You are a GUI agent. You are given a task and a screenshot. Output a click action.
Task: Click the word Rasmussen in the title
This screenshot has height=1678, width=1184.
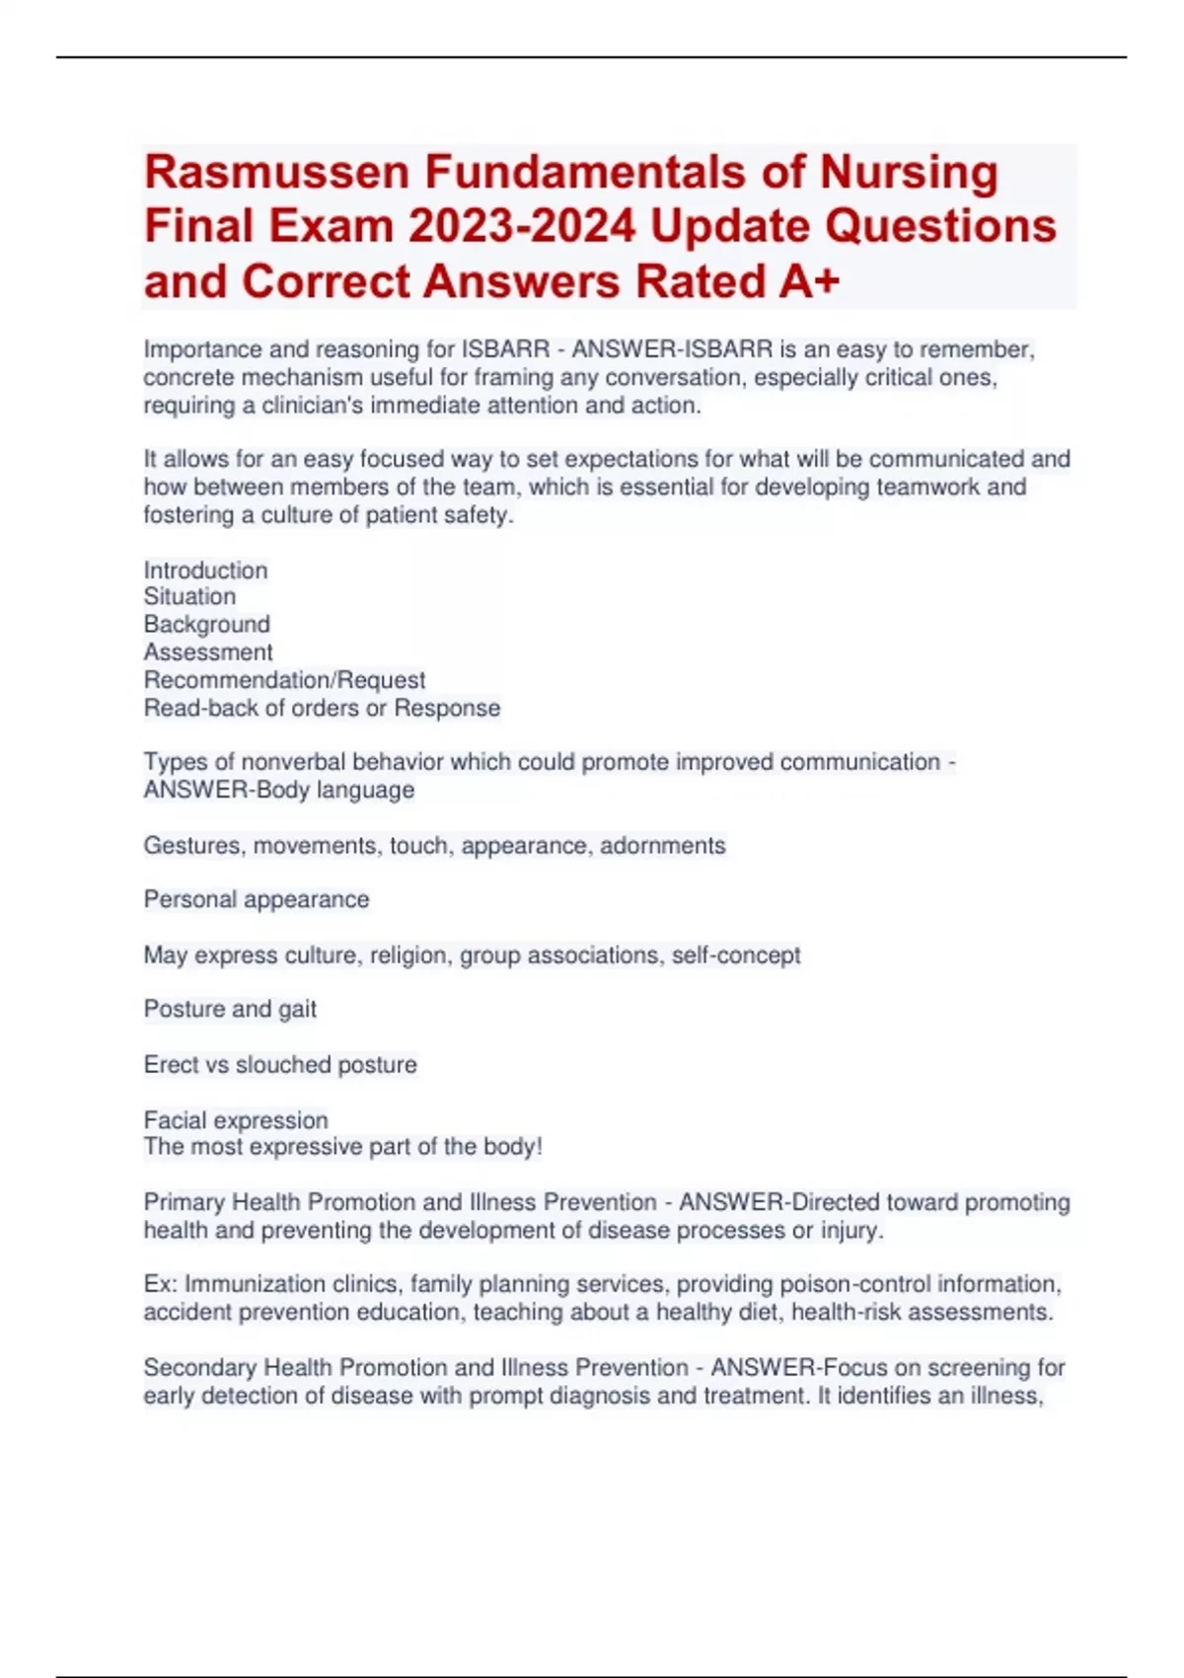click(x=276, y=173)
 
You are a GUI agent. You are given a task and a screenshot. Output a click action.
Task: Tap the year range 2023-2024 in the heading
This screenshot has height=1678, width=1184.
click(x=522, y=227)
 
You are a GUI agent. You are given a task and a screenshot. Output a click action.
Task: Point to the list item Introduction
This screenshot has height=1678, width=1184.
click(x=205, y=571)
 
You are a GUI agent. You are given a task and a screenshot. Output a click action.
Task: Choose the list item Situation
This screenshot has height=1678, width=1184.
click(x=189, y=597)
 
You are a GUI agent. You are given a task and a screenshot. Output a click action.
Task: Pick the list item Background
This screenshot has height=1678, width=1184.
click(x=206, y=625)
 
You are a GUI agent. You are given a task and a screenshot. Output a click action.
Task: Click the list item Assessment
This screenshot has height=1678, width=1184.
click(x=208, y=652)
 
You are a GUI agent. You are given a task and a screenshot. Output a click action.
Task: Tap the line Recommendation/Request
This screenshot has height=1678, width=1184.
click(x=284, y=680)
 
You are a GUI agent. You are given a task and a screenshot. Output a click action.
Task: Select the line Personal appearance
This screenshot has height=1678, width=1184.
click(x=257, y=900)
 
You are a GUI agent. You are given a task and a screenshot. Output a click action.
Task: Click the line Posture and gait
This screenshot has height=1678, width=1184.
click(x=230, y=1010)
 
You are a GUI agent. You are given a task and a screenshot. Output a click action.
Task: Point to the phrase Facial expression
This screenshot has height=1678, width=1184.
click(x=236, y=1120)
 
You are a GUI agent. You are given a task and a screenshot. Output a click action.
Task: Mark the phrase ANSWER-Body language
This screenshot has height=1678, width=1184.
click(x=279, y=791)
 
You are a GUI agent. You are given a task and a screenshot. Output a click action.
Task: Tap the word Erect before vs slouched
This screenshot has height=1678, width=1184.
click(x=170, y=1065)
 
